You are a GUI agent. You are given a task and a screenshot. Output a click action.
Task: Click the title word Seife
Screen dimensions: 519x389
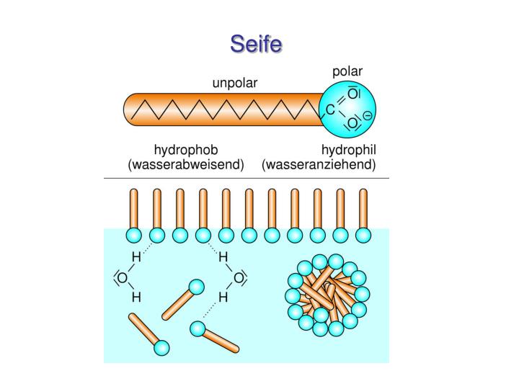(256, 44)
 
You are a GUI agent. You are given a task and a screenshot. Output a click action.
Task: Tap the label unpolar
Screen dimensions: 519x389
(235, 83)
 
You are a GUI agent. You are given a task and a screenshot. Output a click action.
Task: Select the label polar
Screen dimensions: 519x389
(347, 71)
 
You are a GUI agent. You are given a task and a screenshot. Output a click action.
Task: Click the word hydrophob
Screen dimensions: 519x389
(186, 150)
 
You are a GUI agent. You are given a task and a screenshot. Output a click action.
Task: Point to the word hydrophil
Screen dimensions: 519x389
(349, 150)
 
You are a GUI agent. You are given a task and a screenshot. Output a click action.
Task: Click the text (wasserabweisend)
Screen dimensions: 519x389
(186, 164)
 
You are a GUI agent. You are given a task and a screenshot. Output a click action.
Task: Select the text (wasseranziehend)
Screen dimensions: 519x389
(319, 164)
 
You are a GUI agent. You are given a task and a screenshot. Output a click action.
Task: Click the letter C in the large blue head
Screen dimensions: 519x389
(330, 109)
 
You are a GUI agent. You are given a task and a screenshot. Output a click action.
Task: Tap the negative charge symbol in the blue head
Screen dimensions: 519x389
(368, 116)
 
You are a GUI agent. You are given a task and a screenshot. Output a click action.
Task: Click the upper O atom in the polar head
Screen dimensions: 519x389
(353, 94)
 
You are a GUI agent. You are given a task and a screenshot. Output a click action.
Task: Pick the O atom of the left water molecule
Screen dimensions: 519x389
(122, 278)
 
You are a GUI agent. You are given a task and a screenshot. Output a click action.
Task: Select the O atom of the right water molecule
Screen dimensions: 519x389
(239, 278)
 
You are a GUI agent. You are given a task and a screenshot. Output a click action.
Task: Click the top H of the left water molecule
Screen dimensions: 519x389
(136, 256)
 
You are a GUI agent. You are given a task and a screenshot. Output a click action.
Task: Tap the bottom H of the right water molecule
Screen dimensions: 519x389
(223, 298)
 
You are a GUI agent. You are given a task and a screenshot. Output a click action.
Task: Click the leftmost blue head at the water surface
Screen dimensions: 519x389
(134, 236)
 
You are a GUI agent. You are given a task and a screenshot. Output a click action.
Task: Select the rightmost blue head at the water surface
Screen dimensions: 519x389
(363, 236)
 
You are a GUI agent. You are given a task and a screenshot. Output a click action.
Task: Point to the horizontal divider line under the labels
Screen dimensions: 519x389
(247, 179)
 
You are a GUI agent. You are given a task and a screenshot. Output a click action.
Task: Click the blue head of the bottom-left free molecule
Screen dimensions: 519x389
(161, 348)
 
